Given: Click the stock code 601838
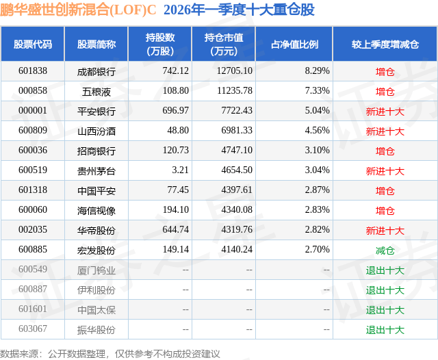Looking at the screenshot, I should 33,71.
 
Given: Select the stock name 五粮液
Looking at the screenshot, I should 96,91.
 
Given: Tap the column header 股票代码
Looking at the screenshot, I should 33,44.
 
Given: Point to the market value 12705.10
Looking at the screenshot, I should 233,71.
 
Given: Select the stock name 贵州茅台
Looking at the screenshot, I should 96,170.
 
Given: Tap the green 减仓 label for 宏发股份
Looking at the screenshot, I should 385,250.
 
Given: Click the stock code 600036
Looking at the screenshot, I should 33,151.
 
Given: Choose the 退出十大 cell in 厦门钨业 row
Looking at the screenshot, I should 385,270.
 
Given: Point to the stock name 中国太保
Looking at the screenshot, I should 96,310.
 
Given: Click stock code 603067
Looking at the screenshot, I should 33,330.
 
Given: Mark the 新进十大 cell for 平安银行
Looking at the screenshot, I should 385,111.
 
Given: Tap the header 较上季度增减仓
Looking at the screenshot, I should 385,44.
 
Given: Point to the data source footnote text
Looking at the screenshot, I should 110,353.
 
